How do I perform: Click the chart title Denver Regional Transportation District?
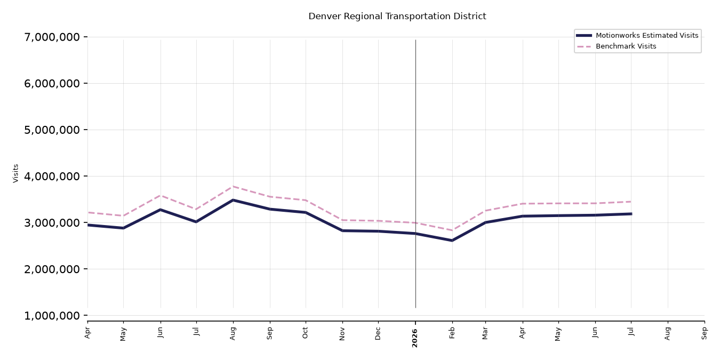tap(397, 16)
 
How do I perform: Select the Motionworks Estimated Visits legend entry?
tap(637, 35)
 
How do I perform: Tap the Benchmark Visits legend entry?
tap(616, 46)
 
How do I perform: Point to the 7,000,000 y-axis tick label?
tap(52, 37)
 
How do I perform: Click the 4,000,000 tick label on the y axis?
tap(52, 176)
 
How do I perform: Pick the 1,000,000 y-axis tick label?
tap(52, 316)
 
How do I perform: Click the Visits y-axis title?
tap(15, 173)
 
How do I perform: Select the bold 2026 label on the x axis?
tap(414, 338)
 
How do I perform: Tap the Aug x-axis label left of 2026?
tap(233, 334)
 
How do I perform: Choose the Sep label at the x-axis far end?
tap(704, 333)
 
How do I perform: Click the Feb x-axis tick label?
tap(452, 333)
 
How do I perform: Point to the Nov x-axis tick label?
tap(342, 334)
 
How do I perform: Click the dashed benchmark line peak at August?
tap(233, 187)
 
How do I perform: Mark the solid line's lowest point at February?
tap(452, 241)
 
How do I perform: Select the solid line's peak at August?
tap(233, 200)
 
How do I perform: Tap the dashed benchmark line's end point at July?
tap(631, 202)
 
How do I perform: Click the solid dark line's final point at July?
tap(631, 214)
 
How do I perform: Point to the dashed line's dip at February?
tap(452, 230)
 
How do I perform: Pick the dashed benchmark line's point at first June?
tap(161, 195)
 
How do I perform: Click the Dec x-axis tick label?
tap(378, 334)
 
